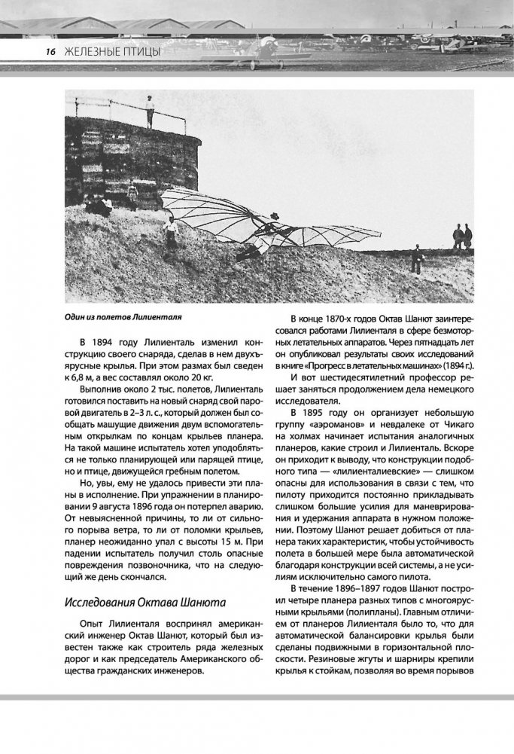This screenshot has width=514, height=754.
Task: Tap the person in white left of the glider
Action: point(172,232)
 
